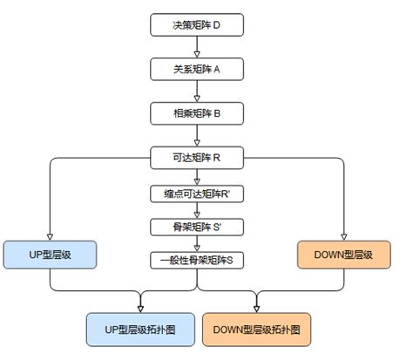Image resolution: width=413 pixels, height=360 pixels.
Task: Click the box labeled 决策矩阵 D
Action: click(x=196, y=27)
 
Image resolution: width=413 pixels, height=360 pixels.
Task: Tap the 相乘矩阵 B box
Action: click(x=196, y=113)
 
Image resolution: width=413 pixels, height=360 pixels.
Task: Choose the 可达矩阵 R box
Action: click(x=196, y=159)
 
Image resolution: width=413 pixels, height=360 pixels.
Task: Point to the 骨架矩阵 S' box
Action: click(x=196, y=226)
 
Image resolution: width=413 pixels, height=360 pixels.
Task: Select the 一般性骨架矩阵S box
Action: click(x=196, y=259)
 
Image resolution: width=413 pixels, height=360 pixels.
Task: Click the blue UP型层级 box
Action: click(x=50, y=255)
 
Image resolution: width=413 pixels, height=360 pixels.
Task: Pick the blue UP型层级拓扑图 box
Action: click(x=141, y=329)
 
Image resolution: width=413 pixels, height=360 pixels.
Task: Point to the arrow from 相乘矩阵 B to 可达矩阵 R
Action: click(x=196, y=136)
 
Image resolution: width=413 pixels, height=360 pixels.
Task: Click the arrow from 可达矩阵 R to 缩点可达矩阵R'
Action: click(x=196, y=178)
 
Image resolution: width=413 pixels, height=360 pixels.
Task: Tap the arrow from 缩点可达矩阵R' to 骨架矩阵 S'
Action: click(x=196, y=211)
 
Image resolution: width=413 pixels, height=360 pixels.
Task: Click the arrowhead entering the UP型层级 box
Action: click(x=50, y=236)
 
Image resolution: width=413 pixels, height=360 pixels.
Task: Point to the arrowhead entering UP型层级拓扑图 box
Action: click(x=141, y=309)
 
